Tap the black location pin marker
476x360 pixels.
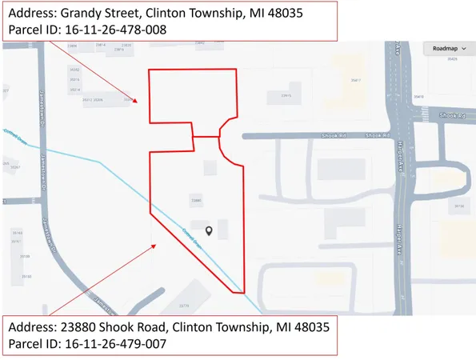pos(210,230)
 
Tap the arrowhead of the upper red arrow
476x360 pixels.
pos(138,102)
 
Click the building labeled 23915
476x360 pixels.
pos(284,97)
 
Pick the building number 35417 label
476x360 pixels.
pos(356,80)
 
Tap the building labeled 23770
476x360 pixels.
pos(184,306)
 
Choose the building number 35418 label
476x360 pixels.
pos(419,97)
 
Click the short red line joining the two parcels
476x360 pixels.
pos(206,137)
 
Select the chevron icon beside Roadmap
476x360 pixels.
pos(463,48)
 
